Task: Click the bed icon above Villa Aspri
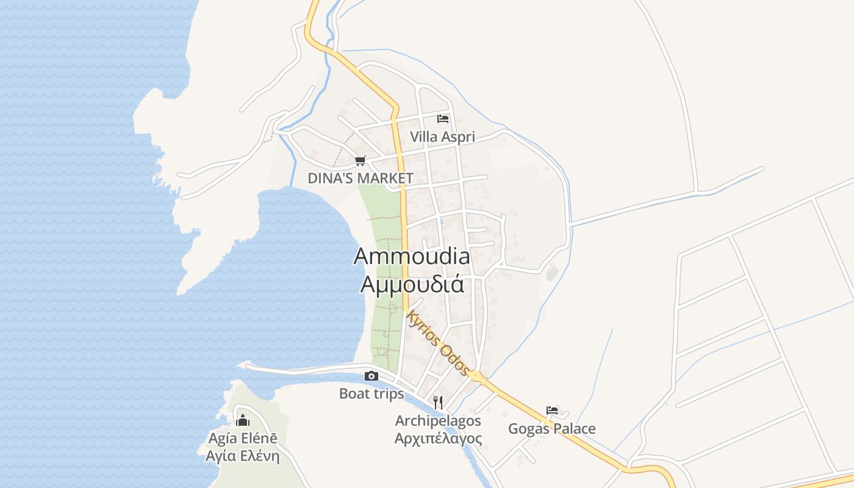pyautogui.click(x=443, y=118)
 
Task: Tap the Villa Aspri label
pyautogui.click(x=442, y=137)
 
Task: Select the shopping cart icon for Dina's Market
pyautogui.click(x=360, y=161)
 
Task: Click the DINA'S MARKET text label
pyautogui.click(x=361, y=178)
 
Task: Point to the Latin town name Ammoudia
pyautogui.click(x=412, y=256)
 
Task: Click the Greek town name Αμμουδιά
pyautogui.click(x=412, y=284)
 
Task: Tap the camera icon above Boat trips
pyautogui.click(x=371, y=376)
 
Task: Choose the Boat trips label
pyautogui.click(x=371, y=393)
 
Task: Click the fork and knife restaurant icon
pyautogui.click(x=437, y=402)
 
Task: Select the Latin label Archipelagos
pyautogui.click(x=438, y=420)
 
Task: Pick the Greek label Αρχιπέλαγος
pyautogui.click(x=438, y=439)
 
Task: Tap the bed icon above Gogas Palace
pyautogui.click(x=552, y=411)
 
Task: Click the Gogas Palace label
pyautogui.click(x=552, y=429)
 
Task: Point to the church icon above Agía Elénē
pyautogui.click(x=243, y=420)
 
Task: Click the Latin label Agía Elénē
pyautogui.click(x=243, y=438)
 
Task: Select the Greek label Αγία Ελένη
pyautogui.click(x=243, y=456)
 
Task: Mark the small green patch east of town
pyautogui.click(x=551, y=273)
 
